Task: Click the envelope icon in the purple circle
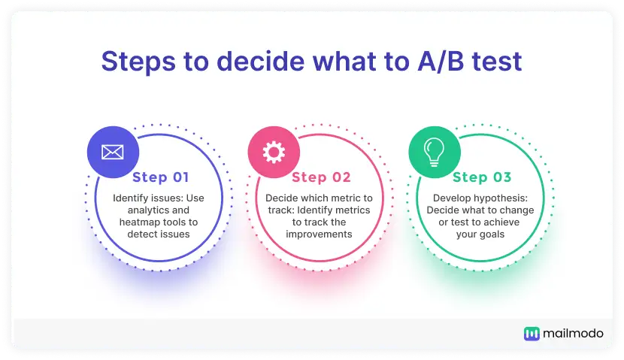tap(113, 152)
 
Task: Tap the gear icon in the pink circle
tap(274, 152)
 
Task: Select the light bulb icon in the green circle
tap(435, 152)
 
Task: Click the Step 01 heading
tap(161, 177)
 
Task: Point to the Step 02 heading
tap(321, 177)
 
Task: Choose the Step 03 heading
tap(482, 177)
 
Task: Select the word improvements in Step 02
tap(319, 234)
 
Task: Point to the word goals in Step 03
tap(492, 234)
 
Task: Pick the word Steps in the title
tap(138, 62)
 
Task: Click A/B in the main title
tap(441, 62)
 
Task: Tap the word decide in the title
tap(261, 62)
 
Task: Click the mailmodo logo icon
tap(532, 334)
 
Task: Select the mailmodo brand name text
tap(573, 334)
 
